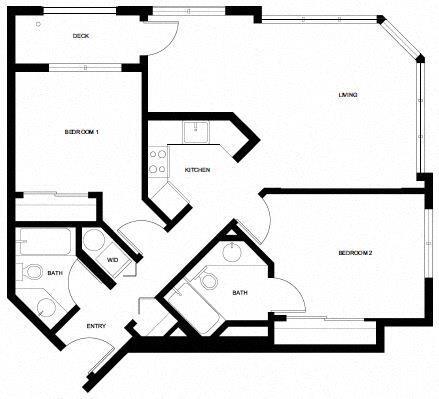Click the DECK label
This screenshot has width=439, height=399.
[82, 36]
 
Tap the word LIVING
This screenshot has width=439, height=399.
[348, 95]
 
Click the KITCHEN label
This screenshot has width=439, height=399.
[198, 170]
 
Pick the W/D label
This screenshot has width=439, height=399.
[113, 260]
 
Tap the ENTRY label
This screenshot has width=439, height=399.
[96, 325]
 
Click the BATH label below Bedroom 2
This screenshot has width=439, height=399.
[240, 292]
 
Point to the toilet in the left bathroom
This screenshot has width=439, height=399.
[33, 271]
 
